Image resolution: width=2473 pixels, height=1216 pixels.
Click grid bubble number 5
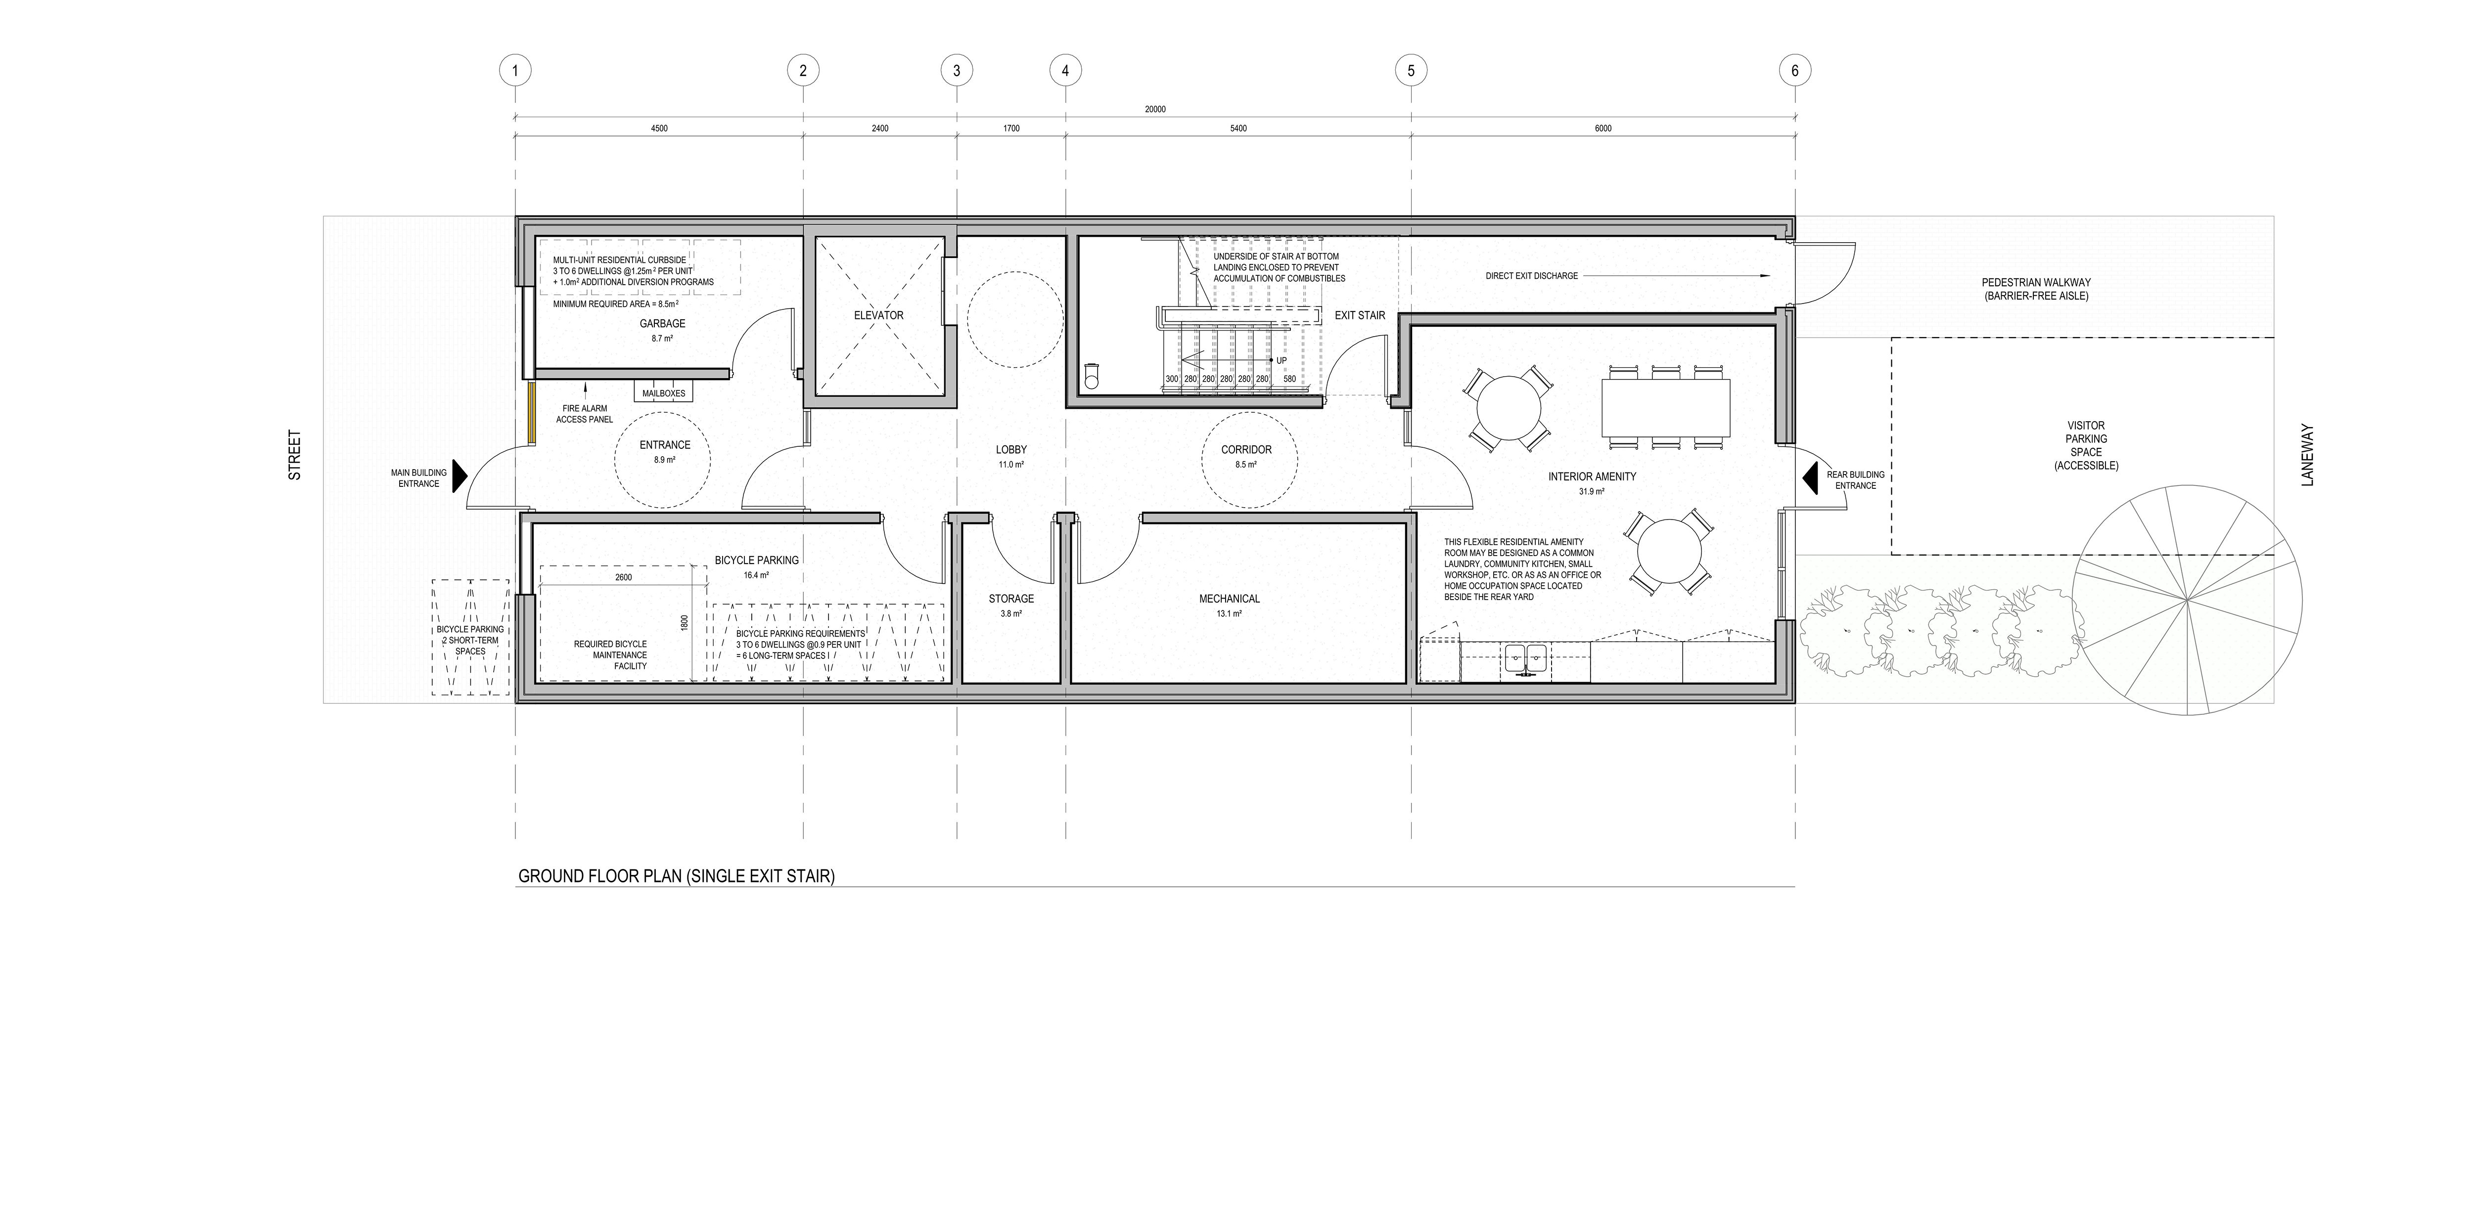coord(1410,70)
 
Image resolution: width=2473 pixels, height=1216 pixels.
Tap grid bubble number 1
coord(515,70)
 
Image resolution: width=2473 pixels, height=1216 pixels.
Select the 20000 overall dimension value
coord(1155,109)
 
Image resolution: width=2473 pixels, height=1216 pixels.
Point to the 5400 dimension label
coord(1238,129)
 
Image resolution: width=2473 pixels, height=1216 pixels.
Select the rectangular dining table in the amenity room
coord(1666,407)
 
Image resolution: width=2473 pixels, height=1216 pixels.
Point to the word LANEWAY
coord(2308,455)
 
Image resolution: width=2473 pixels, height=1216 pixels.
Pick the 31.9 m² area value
coord(1592,491)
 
